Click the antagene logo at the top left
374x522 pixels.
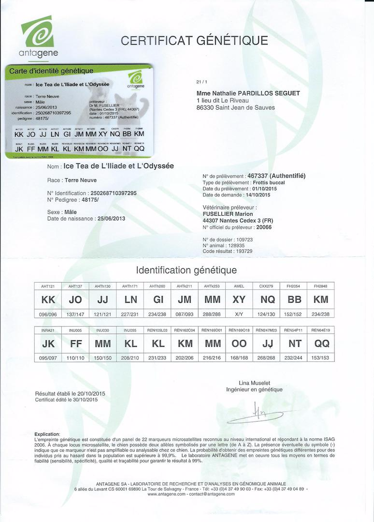(38, 36)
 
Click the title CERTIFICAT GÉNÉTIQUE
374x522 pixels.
(194, 40)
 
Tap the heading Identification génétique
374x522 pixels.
(187, 270)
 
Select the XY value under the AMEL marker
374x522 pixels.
(239, 299)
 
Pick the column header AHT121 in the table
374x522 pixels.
(48, 286)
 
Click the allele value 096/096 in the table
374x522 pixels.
(48, 313)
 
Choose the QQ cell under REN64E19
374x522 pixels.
(321, 343)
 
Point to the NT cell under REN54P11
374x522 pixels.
(294, 343)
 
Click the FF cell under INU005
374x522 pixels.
(75, 343)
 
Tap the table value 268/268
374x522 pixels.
(266, 358)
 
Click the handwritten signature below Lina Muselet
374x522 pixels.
(263, 412)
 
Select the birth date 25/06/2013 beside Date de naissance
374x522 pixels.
(111, 219)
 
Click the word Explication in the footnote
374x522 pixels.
(47, 434)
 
